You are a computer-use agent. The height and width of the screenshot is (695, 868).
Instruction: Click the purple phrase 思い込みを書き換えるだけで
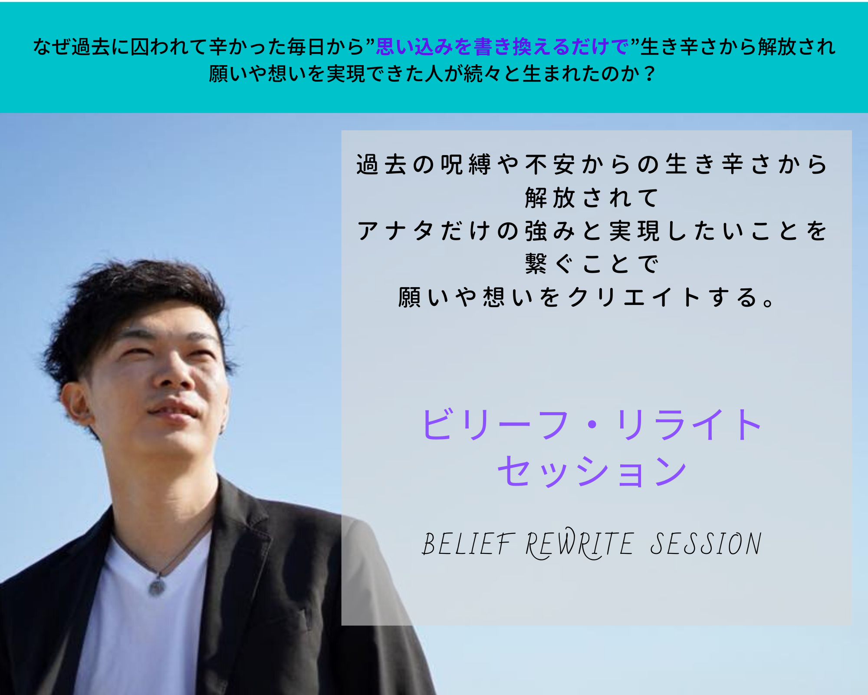[502, 47]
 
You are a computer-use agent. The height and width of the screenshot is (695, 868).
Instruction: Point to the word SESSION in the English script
[706, 544]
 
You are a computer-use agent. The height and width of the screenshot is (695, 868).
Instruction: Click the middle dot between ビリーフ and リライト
[593, 424]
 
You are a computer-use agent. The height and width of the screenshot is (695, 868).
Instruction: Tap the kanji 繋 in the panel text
[536, 264]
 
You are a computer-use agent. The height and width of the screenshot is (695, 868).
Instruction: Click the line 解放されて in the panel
[592, 198]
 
